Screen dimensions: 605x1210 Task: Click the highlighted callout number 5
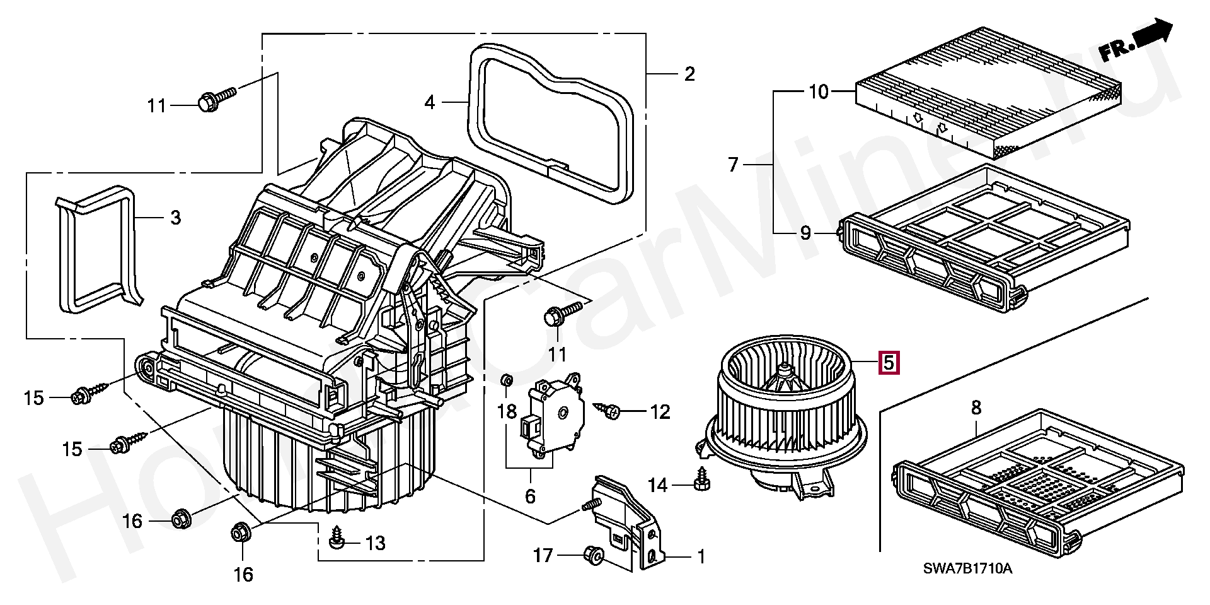pyautogui.click(x=888, y=363)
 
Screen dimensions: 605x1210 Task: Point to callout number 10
pyautogui.click(x=819, y=92)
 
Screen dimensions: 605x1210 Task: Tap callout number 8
pyautogui.click(x=976, y=408)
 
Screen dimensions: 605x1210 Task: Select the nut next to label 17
pyautogui.click(x=594, y=555)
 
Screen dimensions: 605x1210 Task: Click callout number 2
pyautogui.click(x=689, y=74)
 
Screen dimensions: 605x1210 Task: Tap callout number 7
pyautogui.click(x=732, y=165)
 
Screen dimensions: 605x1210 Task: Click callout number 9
pyautogui.click(x=805, y=233)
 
